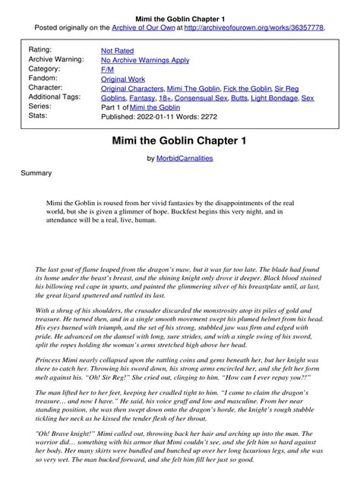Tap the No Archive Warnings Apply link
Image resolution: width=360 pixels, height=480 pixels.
(145, 59)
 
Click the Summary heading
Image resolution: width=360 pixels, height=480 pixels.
(36, 173)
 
